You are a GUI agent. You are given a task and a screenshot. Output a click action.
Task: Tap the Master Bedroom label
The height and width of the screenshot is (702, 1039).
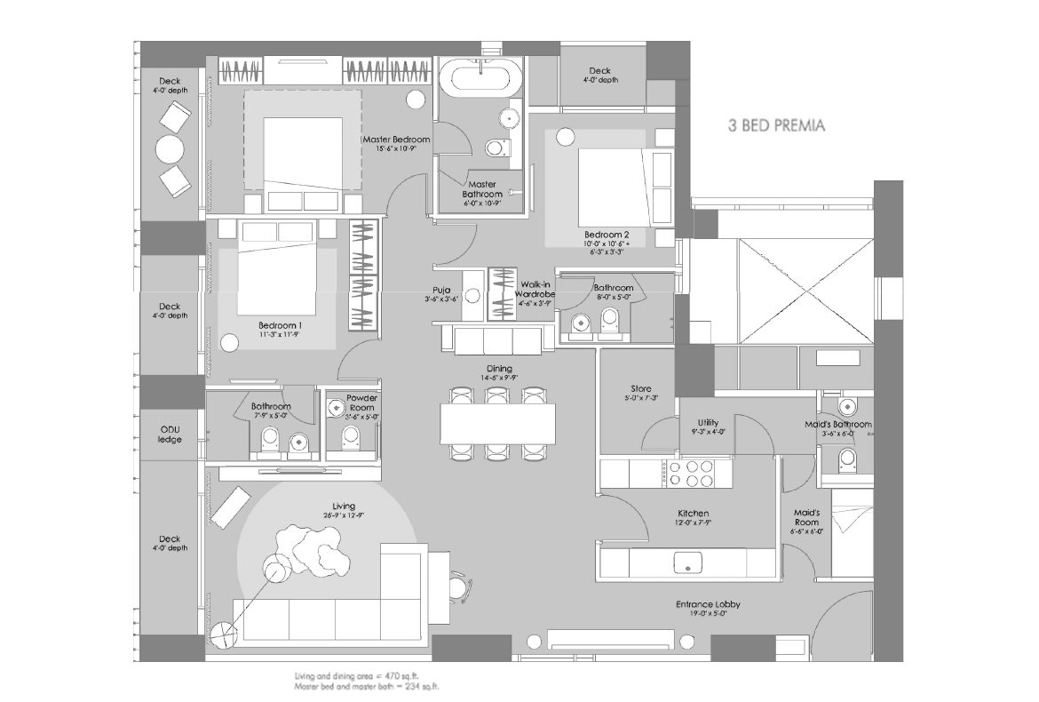click(395, 140)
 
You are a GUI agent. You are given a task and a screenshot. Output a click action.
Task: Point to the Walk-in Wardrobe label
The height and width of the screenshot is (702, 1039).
click(537, 289)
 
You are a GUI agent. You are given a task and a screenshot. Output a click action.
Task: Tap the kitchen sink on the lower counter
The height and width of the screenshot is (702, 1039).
click(687, 562)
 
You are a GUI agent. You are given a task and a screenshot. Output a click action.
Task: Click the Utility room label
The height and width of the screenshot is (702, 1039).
click(708, 423)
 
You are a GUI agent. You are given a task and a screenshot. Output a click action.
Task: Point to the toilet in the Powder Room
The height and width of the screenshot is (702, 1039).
click(352, 437)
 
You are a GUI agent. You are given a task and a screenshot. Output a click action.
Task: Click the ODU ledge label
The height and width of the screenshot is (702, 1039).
click(170, 435)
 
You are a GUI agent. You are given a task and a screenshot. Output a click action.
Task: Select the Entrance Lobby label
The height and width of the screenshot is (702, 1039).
click(706, 604)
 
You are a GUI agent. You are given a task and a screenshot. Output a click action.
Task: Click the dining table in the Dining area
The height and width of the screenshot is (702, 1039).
click(497, 423)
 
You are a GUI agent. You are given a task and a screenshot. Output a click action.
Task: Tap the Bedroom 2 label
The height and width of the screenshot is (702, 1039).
click(607, 235)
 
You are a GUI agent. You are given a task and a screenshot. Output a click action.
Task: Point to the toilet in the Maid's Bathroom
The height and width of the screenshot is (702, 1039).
click(848, 459)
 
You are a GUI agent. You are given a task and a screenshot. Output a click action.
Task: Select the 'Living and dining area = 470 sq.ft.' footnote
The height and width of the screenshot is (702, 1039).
click(366, 677)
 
